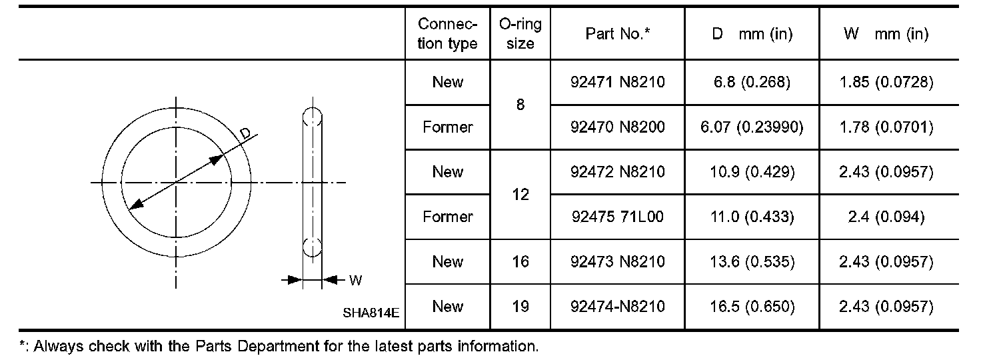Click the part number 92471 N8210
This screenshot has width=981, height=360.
[x=618, y=82]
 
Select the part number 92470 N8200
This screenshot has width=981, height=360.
[x=618, y=127]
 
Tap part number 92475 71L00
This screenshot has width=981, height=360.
[x=618, y=217]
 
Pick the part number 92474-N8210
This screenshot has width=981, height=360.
[x=618, y=307]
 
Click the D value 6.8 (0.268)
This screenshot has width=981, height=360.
[x=752, y=82]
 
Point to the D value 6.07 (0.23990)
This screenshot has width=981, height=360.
[x=752, y=127]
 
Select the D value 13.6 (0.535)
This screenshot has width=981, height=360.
[x=752, y=261]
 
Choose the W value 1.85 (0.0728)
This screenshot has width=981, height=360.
[x=887, y=82]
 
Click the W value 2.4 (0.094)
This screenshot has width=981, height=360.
[x=887, y=217]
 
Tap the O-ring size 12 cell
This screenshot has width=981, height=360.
[x=520, y=195]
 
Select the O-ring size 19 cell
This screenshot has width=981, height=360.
[x=520, y=307]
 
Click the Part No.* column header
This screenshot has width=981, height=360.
[x=618, y=34]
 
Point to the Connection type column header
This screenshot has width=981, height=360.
[x=448, y=34]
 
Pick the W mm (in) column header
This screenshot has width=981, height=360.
[x=887, y=34]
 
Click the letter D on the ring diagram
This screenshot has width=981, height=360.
[x=245, y=134]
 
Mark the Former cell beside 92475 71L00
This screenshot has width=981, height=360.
[x=448, y=217]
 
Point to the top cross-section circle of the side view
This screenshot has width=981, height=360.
[x=313, y=117]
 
